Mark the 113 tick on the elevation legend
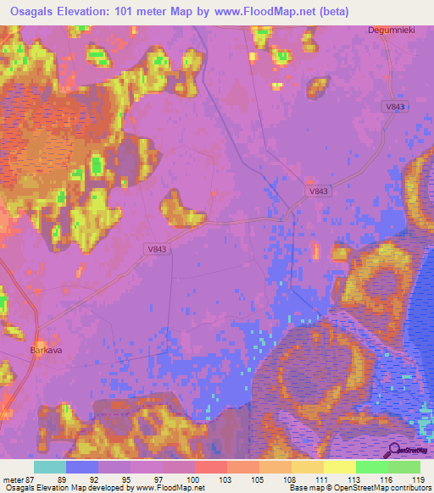click(x=356, y=479)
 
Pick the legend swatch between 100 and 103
click(x=211, y=467)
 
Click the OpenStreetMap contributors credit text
click(x=389, y=488)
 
